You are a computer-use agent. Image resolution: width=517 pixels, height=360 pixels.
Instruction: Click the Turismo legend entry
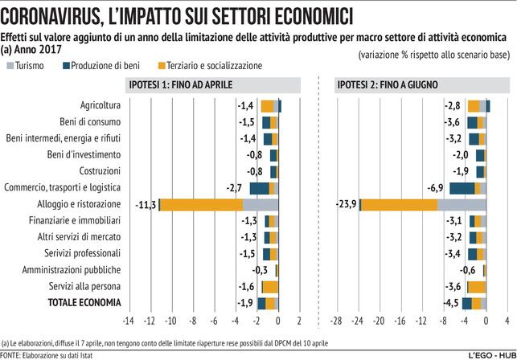click(x=32, y=65)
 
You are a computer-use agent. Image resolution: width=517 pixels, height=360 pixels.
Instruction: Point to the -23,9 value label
click(x=345, y=204)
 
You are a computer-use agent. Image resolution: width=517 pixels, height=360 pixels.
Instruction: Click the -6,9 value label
click(x=435, y=187)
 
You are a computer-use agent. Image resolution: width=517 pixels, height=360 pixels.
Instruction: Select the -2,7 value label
click(x=235, y=187)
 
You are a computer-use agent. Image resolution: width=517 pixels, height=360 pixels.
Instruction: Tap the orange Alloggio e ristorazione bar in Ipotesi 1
click(x=201, y=204)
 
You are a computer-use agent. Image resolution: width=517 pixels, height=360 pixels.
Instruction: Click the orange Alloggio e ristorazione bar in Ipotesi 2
click(x=399, y=204)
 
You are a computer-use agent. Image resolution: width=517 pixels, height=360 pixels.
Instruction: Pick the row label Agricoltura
click(x=101, y=105)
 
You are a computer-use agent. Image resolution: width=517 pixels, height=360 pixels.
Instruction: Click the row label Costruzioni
click(x=101, y=171)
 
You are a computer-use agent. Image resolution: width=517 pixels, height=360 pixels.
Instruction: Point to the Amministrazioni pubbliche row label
click(x=76, y=270)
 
